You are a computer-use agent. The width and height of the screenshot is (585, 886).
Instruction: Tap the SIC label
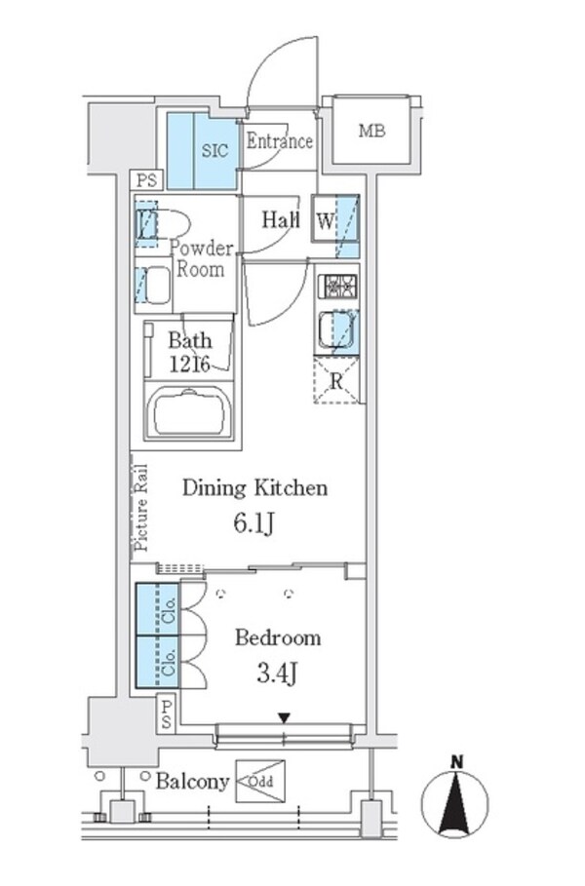coord(214,151)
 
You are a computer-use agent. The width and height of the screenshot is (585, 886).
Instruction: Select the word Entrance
coord(279,141)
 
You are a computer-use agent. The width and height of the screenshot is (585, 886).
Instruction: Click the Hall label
coord(280,220)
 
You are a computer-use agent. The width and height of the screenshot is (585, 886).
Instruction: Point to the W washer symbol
coord(324,220)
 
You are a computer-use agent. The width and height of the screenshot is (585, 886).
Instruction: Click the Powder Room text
coord(202,258)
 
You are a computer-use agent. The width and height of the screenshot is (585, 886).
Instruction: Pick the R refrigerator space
coord(336,381)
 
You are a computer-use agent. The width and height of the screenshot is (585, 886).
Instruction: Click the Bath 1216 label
coord(190,352)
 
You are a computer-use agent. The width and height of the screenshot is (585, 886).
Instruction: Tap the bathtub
coord(191,411)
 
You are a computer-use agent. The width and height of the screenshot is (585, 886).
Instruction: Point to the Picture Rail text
coord(140,508)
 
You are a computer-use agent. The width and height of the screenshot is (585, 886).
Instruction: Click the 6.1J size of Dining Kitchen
coord(254,523)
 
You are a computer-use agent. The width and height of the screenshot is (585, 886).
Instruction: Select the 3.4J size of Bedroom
coord(278,674)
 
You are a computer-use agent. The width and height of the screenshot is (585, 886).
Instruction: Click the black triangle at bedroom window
coord(284,718)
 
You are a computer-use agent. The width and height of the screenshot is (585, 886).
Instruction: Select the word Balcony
coord(192,781)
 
